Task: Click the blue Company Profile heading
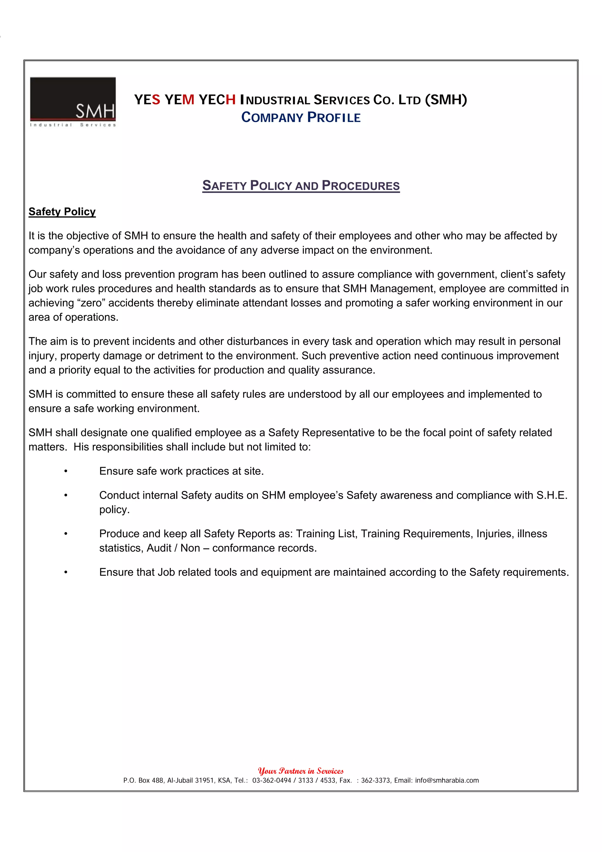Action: click(300, 117)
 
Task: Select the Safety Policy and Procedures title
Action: click(300, 185)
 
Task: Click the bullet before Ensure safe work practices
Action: click(66, 471)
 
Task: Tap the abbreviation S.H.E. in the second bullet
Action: click(551, 495)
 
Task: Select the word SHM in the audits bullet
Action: click(273, 495)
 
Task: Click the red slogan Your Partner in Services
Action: click(300, 771)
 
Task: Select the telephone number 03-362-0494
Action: click(272, 780)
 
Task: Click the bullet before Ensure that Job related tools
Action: click(66, 572)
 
